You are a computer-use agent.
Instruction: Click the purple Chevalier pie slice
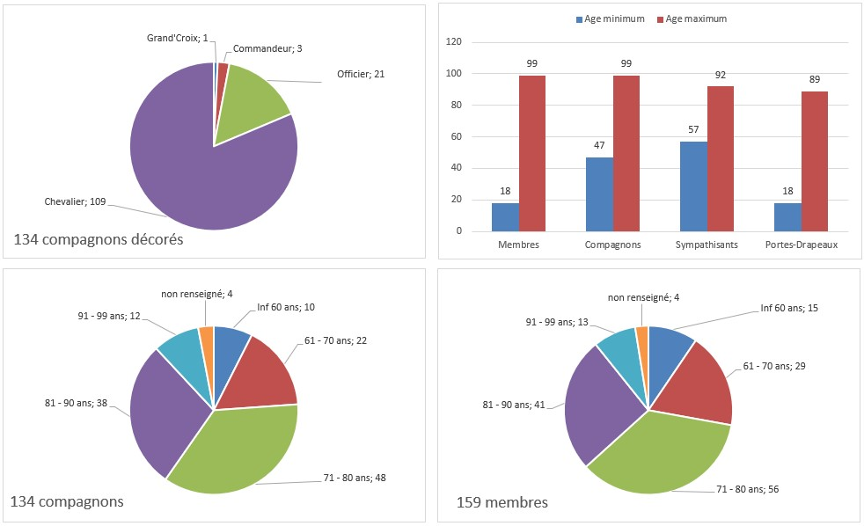(194, 176)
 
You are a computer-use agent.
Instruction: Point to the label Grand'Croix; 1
(178, 38)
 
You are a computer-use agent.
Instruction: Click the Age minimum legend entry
(611, 18)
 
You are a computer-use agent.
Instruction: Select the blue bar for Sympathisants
(693, 186)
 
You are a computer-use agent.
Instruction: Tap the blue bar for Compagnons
(599, 194)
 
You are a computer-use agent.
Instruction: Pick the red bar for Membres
(532, 153)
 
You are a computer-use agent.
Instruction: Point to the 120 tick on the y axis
(454, 42)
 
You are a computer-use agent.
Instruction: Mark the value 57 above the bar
(693, 128)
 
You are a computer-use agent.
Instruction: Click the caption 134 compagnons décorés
(99, 239)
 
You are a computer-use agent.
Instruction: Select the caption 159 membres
(502, 502)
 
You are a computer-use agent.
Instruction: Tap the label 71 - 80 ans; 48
(355, 478)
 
